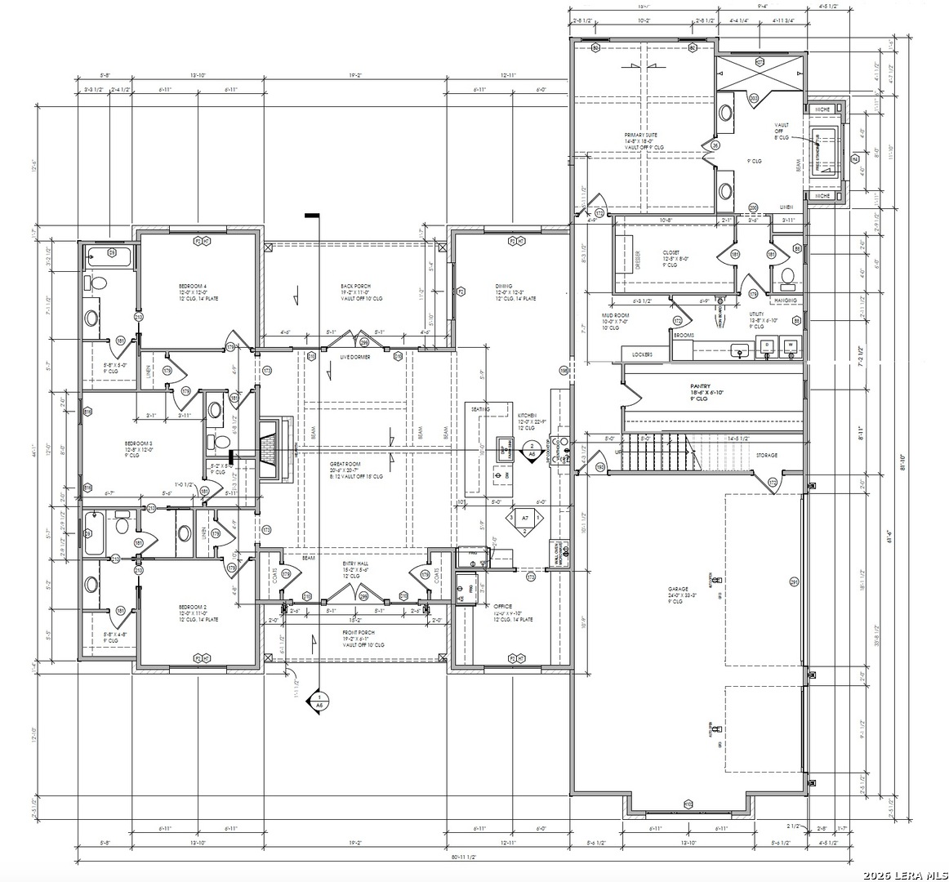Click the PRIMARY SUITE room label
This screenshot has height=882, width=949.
(x=640, y=136)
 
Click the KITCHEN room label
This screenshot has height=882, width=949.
(x=527, y=416)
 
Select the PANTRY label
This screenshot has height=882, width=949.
(x=700, y=386)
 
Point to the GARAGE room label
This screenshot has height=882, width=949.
(x=678, y=588)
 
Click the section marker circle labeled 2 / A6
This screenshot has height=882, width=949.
(x=532, y=449)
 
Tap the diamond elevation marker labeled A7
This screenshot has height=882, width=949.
(x=519, y=519)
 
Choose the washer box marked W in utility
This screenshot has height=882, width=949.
(x=790, y=346)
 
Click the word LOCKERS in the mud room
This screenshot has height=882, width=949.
(x=643, y=354)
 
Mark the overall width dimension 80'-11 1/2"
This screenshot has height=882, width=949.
(x=461, y=857)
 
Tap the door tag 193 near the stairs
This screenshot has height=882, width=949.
(x=600, y=468)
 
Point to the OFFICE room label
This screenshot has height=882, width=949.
(x=503, y=606)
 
